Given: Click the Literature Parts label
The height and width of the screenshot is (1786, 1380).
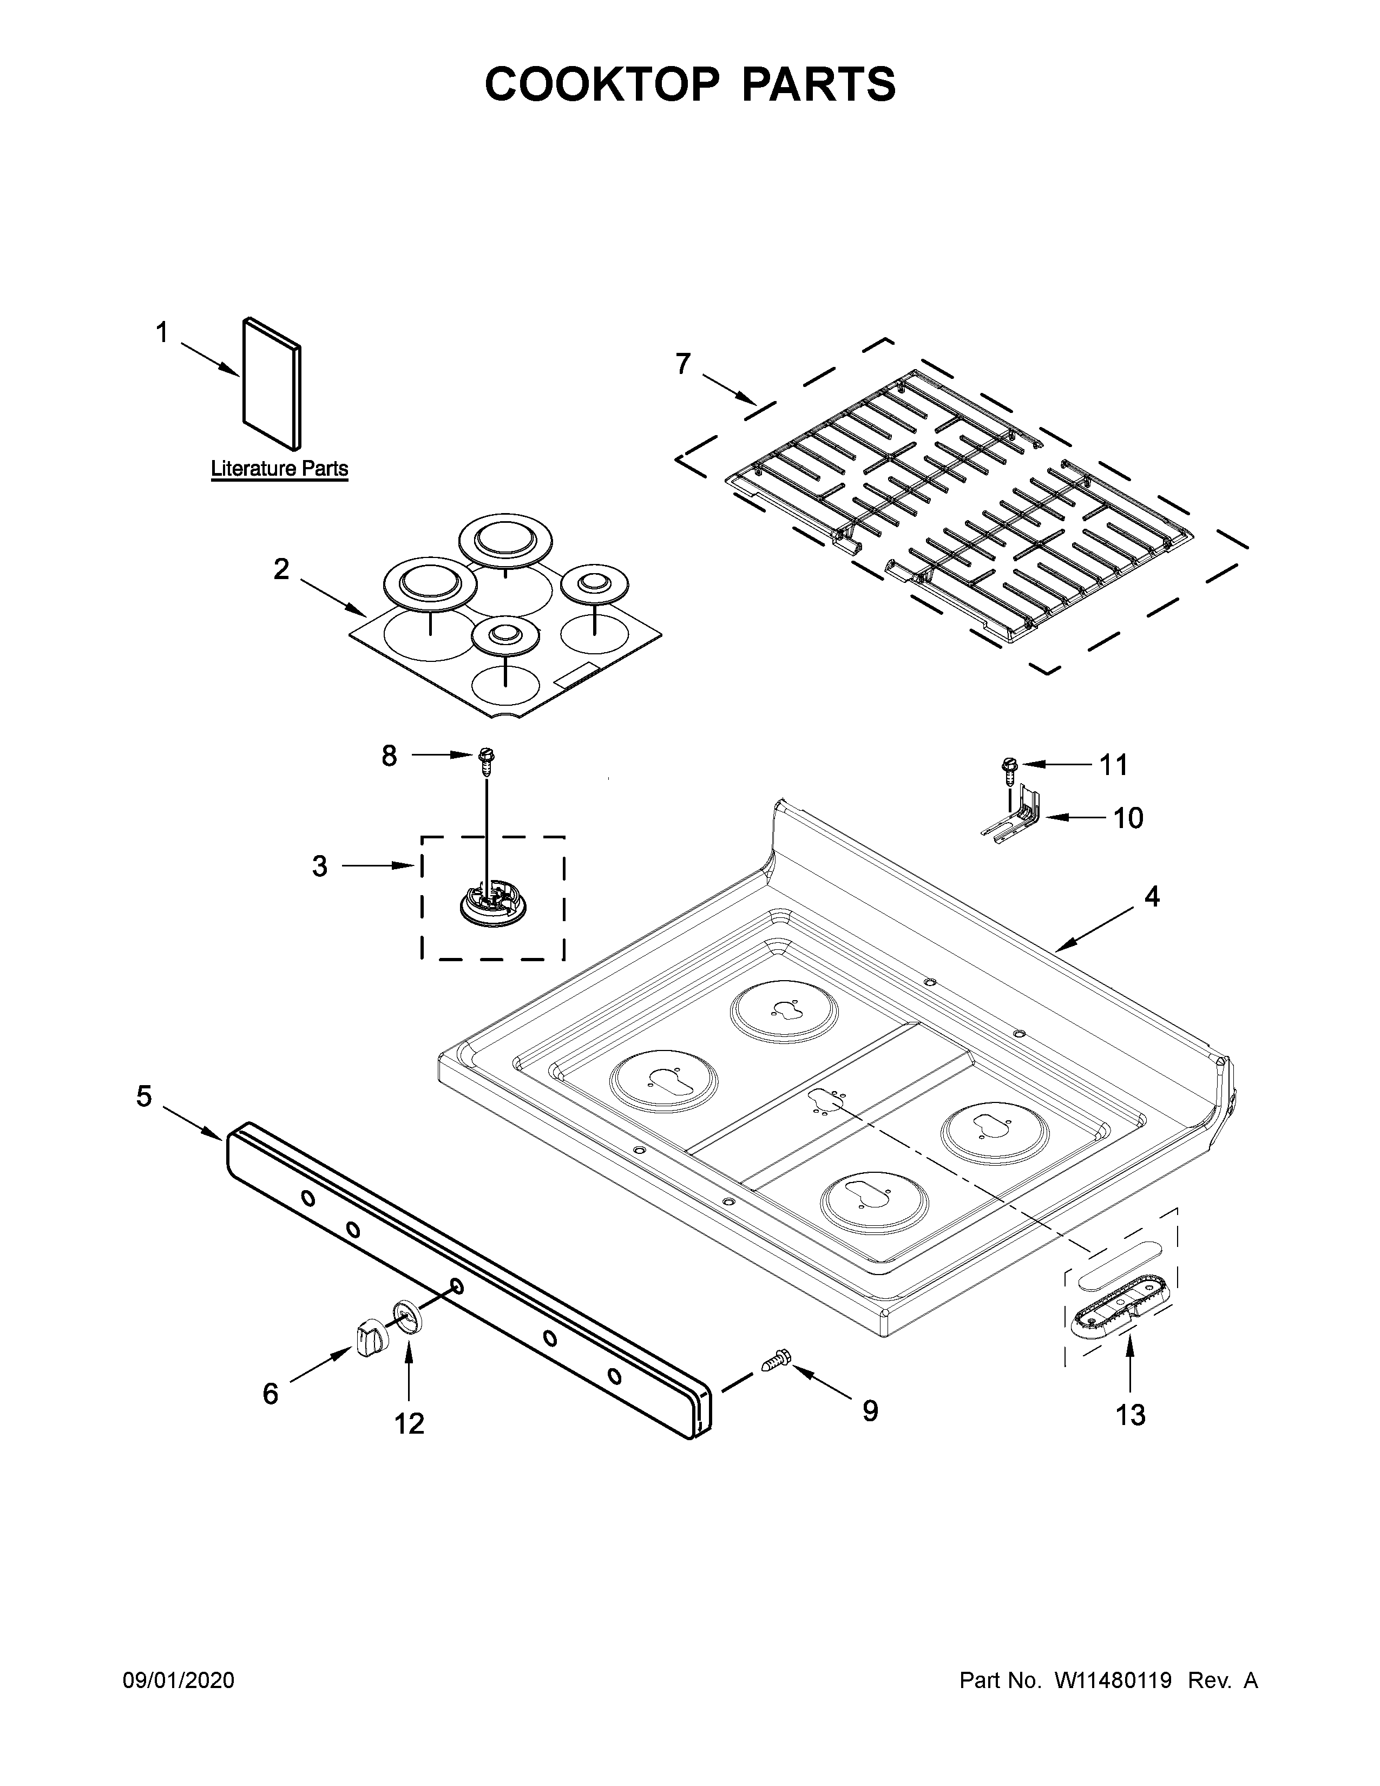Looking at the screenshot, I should tap(280, 469).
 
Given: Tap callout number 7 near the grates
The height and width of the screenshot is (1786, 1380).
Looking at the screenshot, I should tap(682, 363).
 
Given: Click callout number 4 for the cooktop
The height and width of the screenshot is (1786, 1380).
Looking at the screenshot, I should tap(1151, 897).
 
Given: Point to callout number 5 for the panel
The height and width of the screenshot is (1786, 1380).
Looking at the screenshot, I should tap(144, 1096).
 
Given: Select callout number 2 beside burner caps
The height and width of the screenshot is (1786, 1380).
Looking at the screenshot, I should tap(281, 569).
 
